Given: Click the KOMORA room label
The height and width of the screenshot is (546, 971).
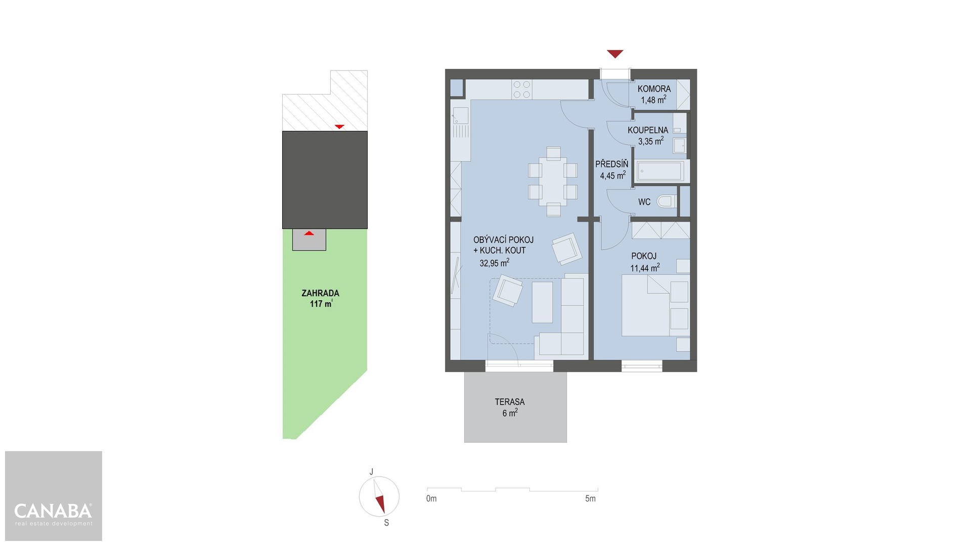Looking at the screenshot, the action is pyautogui.click(x=654, y=88).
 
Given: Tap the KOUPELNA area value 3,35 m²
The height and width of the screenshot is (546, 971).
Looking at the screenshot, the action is pyautogui.click(x=651, y=141).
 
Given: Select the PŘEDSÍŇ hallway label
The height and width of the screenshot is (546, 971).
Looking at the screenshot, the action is pyautogui.click(x=611, y=164).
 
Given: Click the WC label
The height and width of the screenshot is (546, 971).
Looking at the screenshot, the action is pyautogui.click(x=644, y=202).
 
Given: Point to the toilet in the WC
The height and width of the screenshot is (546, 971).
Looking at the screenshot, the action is pyautogui.click(x=667, y=202).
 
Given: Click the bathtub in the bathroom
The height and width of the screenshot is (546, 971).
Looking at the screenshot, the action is pyautogui.click(x=660, y=171).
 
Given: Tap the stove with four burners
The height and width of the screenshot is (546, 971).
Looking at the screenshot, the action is pyautogui.click(x=522, y=89).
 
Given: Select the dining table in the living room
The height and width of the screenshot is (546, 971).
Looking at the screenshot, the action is pyautogui.click(x=553, y=181).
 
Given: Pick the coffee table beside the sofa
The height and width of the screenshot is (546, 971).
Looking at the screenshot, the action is pyautogui.click(x=542, y=302).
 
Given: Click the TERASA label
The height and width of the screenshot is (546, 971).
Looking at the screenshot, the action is pyautogui.click(x=510, y=402).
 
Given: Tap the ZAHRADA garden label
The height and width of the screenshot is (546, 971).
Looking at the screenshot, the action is pyautogui.click(x=320, y=293).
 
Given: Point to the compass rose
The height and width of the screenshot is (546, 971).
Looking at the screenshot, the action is pyautogui.click(x=379, y=496).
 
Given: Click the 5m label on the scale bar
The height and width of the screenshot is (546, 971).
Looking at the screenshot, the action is pyautogui.click(x=590, y=498).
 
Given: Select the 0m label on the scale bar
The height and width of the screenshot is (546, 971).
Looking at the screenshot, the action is pyautogui.click(x=431, y=498).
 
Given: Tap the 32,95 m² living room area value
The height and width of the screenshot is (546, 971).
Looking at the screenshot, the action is pyautogui.click(x=494, y=263).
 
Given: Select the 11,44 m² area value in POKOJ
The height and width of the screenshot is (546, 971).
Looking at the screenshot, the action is pyautogui.click(x=645, y=268).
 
